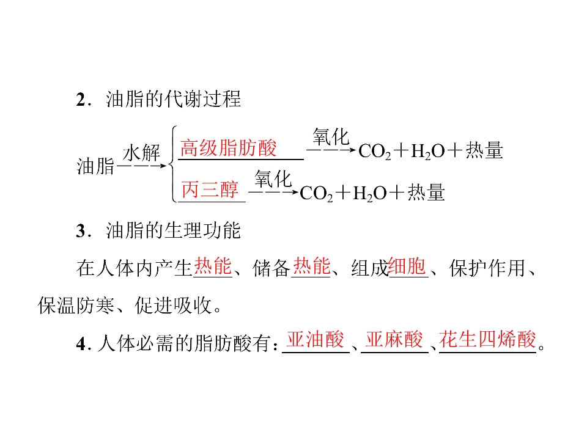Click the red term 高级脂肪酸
coord(228,148)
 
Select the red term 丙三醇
coord(210,189)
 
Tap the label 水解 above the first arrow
coord(141,153)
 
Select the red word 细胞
coord(407,266)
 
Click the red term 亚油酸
coord(316,340)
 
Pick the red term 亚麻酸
coord(394,340)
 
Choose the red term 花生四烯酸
coord(488,340)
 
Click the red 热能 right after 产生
coord(213,266)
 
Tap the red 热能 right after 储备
coord(311,266)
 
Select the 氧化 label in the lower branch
coord(273,178)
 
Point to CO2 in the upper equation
coord(375,152)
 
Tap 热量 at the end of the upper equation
coord(484,150)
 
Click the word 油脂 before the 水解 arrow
coord(95,166)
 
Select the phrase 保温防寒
coord(76,306)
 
